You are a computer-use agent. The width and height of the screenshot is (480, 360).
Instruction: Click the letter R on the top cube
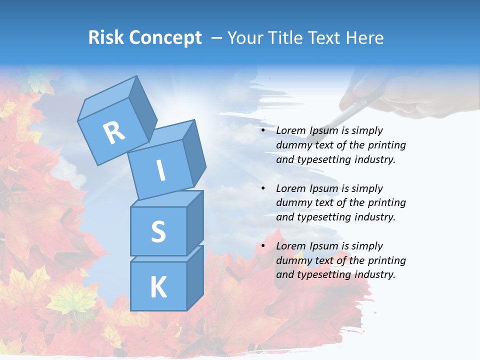coord(114,132)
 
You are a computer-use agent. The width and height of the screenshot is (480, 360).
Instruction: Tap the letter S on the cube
coord(158,231)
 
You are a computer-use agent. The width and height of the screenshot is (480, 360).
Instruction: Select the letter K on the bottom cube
coord(158,287)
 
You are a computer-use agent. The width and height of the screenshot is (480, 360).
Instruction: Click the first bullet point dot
coord(263,130)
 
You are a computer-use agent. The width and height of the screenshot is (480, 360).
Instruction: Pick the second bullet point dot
coord(263,188)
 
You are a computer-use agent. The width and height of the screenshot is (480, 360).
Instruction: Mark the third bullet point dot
coord(263,246)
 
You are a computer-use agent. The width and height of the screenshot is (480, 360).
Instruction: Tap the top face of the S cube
coord(167,198)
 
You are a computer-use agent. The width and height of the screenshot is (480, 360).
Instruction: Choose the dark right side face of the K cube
coord(195,277)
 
